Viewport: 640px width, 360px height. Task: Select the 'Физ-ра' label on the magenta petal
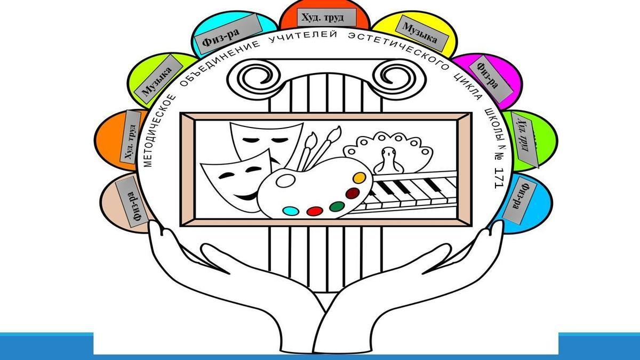(487, 76)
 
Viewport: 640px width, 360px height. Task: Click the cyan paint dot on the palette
(290, 210)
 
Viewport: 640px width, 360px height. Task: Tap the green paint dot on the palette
(336, 205)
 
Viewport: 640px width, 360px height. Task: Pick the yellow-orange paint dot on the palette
(359, 177)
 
